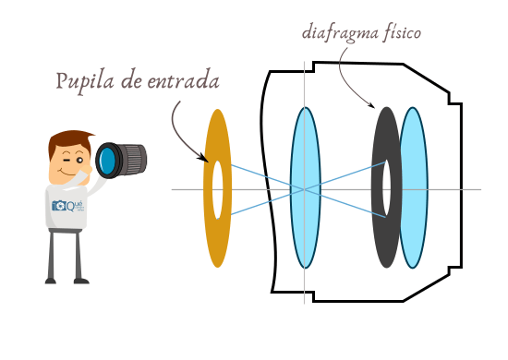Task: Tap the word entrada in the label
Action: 184,80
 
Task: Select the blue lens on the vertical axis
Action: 305,148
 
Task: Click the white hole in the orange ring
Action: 217,189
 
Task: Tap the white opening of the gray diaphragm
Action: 386,188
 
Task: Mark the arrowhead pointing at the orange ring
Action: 204,160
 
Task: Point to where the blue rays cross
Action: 304,189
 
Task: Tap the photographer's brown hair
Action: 68,139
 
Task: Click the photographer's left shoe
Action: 52,279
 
